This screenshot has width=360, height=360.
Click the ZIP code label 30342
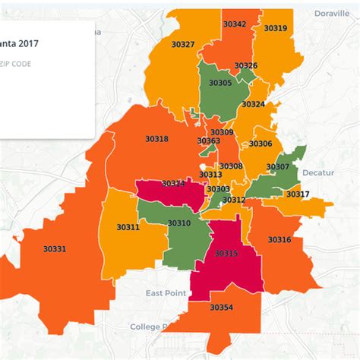(235, 24)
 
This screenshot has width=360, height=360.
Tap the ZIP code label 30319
(275, 28)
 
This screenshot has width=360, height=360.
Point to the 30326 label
(245, 66)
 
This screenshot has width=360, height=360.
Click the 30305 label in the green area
(220, 82)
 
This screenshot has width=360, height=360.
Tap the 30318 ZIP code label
(156, 138)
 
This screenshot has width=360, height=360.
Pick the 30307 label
(278, 166)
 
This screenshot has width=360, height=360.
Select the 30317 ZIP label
(298, 194)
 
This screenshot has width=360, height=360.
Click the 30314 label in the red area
(173, 184)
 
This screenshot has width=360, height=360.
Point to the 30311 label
(128, 227)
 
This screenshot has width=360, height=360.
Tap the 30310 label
(179, 223)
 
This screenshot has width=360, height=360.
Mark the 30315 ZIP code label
(226, 253)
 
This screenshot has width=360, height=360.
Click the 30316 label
(279, 239)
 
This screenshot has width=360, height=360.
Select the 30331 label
(55, 248)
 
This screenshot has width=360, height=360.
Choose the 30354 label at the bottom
(221, 307)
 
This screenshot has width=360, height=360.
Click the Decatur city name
(317, 172)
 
